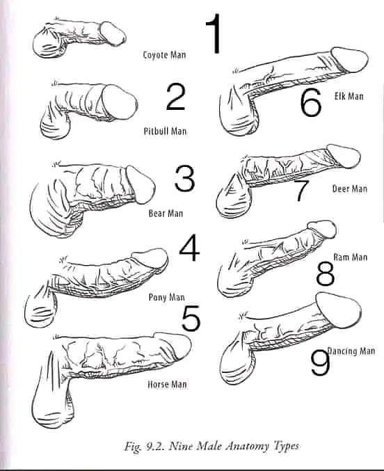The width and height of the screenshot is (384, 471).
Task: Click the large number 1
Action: (214, 34)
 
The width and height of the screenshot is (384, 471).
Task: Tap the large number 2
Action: (176, 97)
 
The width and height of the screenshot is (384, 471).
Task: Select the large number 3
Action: (184, 178)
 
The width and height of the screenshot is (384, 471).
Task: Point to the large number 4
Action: (189, 248)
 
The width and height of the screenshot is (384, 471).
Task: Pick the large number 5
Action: (191, 318)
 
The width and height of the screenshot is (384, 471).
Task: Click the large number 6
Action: (310, 102)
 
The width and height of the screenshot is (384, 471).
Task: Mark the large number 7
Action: (301, 191)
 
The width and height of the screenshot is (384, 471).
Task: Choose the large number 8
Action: (326, 273)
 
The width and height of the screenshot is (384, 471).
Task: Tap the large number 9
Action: (320, 362)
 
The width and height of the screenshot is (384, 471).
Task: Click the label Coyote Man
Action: (164, 55)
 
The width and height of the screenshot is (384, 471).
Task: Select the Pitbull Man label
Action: (165, 131)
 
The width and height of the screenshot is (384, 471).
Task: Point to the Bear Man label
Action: (166, 214)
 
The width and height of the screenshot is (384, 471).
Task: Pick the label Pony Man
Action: (166, 297)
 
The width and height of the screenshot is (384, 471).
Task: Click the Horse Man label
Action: (167, 384)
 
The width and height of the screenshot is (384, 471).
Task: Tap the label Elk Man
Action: (349, 96)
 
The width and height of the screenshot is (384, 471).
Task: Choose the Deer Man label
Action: (350, 189)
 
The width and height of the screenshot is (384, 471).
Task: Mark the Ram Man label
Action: (351, 257)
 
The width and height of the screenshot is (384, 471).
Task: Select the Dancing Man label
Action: (351, 351)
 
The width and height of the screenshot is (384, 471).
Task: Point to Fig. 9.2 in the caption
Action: (144, 447)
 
